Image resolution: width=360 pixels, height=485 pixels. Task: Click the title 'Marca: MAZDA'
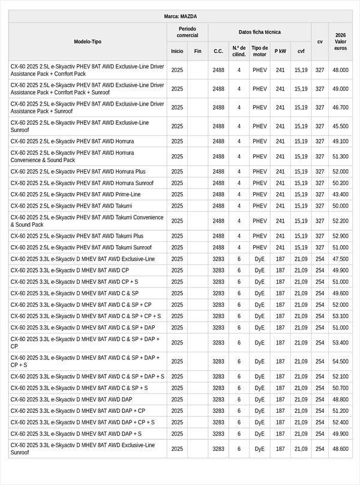(x=180, y=16)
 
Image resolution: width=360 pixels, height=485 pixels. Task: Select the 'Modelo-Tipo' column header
(x=88, y=41)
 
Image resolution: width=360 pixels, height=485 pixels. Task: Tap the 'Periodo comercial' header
(x=187, y=32)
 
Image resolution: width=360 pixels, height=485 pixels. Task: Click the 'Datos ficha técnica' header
(x=259, y=32)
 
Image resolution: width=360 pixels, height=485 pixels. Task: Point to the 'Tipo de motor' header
(x=259, y=51)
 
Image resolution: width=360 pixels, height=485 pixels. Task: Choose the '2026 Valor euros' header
(x=340, y=41)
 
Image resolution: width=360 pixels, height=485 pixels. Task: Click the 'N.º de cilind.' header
(x=238, y=51)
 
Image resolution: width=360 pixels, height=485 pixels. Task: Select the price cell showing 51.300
(x=340, y=157)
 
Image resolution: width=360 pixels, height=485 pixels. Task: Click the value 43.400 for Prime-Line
(x=340, y=194)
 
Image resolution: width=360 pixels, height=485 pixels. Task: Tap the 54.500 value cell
(x=340, y=361)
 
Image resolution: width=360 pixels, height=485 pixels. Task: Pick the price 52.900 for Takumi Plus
(x=340, y=236)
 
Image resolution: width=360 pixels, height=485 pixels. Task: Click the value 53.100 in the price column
(x=340, y=316)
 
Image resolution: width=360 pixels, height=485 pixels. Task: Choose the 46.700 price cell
(x=340, y=107)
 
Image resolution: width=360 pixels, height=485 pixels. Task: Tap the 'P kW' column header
(x=280, y=51)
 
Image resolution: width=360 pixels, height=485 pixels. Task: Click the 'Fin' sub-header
(x=197, y=51)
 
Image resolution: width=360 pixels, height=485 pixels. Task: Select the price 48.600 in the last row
(x=340, y=448)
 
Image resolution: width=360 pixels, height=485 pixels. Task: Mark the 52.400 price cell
(x=340, y=422)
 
